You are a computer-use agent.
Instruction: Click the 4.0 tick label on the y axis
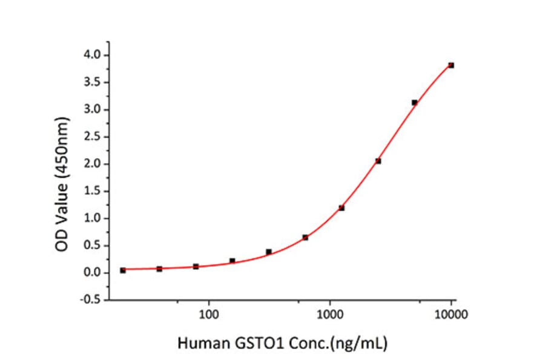[93, 55]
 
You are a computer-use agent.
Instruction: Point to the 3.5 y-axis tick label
[93, 82]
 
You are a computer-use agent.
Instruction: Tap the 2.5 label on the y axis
[93, 137]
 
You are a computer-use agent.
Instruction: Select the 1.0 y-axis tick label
[93, 218]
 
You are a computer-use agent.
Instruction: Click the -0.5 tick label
[91, 300]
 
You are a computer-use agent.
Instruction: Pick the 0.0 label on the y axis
[93, 273]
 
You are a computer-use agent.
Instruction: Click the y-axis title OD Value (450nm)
[63, 176]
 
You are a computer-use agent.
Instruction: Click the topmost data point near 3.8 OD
[451, 65]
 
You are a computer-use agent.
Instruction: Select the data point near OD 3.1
[414, 102]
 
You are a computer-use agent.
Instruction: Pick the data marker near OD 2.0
[378, 161]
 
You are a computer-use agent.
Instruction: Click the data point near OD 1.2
[342, 208]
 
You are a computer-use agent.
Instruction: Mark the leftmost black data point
[123, 270]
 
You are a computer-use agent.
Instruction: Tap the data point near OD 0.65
[305, 238]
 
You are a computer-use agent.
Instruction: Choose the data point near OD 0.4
[268, 252]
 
